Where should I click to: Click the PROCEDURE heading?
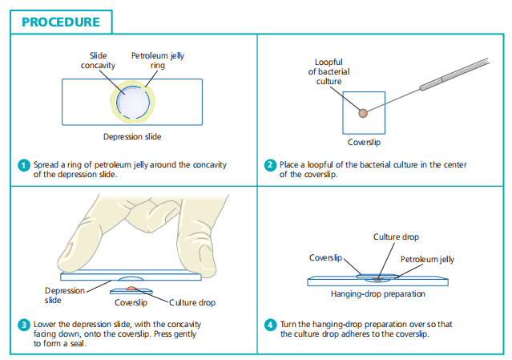61,22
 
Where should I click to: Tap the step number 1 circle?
23,165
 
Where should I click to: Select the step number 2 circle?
270,165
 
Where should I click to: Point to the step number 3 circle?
23,324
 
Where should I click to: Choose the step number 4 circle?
270,324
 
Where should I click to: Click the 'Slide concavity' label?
98,61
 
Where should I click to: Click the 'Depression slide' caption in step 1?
131,136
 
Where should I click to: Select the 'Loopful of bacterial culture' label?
329,71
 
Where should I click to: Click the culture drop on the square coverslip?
363,112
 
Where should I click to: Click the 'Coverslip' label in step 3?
130,303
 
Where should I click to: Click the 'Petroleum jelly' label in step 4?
427,259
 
